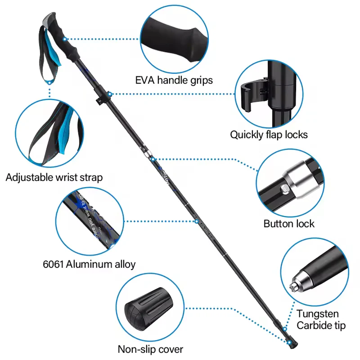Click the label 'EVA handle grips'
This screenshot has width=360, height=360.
point(174,80)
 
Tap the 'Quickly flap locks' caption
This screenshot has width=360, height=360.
point(269,134)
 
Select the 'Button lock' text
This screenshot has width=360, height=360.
point(289,224)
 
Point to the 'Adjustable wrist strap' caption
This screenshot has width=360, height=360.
point(54,177)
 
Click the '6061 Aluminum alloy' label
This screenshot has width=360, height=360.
point(89,264)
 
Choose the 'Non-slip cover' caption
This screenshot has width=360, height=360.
point(150,349)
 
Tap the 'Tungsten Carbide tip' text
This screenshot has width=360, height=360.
point(318,319)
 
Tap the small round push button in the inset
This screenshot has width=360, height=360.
point(284,189)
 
